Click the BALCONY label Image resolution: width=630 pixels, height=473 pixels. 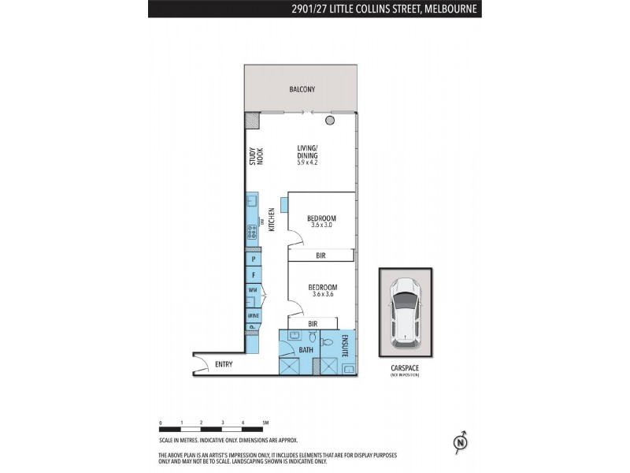tap(302, 90)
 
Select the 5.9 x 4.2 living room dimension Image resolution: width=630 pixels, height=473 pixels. tap(307, 162)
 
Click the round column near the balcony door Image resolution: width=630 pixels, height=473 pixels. tap(330, 120)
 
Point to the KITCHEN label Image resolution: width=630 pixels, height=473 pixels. tap(270, 218)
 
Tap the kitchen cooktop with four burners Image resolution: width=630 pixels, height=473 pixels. tap(251, 232)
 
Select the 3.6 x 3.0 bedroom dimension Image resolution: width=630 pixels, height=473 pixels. tap(321, 225)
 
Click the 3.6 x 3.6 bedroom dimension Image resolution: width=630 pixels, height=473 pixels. tap(322, 294)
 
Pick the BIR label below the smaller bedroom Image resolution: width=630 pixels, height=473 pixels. tap(321, 255)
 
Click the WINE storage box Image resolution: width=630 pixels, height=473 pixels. tap(254, 315)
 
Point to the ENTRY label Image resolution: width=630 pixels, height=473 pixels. tap(224, 363)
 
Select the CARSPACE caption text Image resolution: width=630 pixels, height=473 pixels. tap(405, 367)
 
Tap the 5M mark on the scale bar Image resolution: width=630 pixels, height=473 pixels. tap(265, 423)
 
